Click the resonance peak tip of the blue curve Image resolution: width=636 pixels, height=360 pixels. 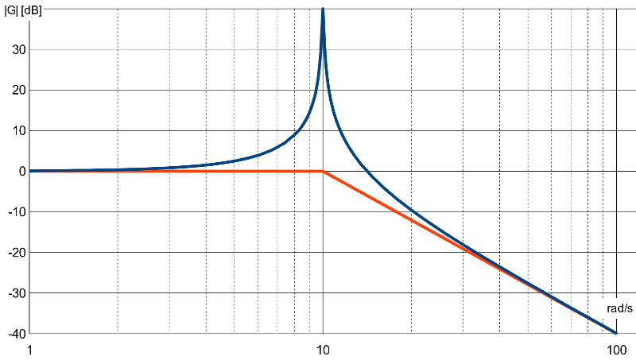pos(323,9)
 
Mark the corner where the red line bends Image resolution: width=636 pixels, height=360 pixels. pos(323,171)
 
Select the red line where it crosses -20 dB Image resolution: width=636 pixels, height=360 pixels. pos(469,252)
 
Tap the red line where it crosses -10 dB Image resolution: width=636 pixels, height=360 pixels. pos(396,211)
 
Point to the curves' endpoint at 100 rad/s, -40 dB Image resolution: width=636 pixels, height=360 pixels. pos(615,333)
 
